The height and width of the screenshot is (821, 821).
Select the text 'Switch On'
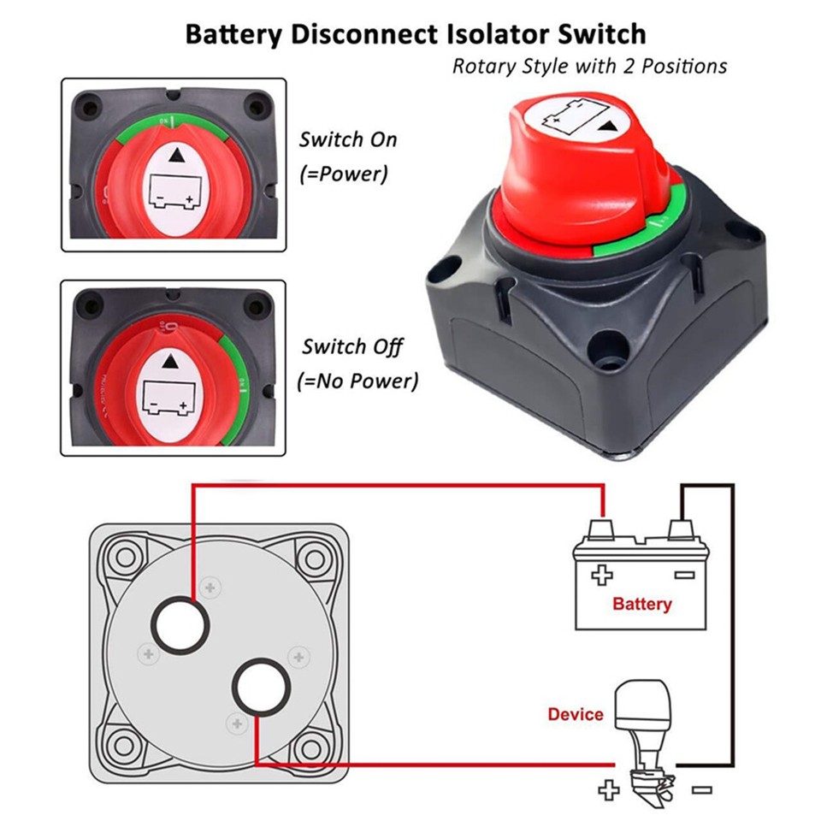[x=348, y=139]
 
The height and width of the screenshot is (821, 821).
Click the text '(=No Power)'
[x=357, y=381]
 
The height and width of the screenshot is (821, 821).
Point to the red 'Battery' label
[x=641, y=604]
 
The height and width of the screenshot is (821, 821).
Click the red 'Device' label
[x=576, y=713]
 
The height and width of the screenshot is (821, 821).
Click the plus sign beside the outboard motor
[x=608, y=789]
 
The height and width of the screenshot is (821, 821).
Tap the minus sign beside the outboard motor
[x=701, y=789]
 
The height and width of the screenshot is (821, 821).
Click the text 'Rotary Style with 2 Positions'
[x=589, y=66]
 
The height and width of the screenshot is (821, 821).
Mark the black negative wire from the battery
[x=732, y=624]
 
